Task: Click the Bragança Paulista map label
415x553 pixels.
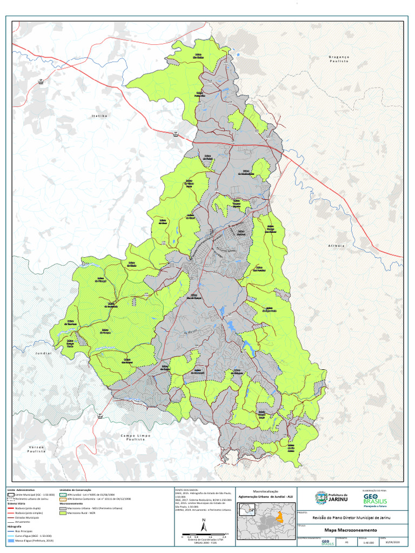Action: tap(339, 59)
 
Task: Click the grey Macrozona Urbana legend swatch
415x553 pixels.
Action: tap(63, 509)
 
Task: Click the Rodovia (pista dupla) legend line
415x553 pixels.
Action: tap(11, 509)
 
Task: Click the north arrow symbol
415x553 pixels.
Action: tap(204, 524)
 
